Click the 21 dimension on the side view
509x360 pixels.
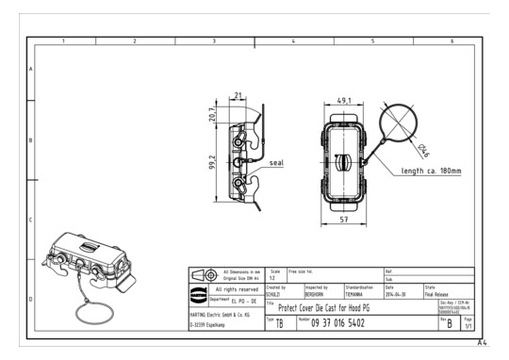pos(238,96)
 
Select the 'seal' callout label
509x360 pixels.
pos(277,162)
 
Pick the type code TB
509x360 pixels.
pos(280,323)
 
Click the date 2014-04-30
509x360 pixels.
pos(397,294)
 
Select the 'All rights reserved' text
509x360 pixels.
pos(233,288)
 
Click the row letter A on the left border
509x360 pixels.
pos(31,70)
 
